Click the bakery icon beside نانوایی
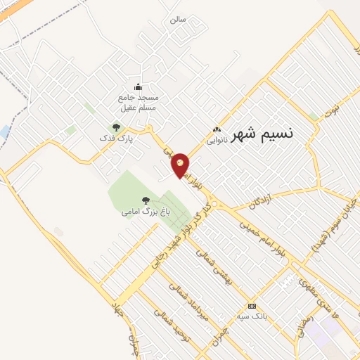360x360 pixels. point(217,130)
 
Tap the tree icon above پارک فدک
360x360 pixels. point(116,127)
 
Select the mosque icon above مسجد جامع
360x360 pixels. point(137,87)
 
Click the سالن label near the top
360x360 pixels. point(177,20)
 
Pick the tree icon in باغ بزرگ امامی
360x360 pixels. point(146,200)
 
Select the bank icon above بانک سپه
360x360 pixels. point(252,306)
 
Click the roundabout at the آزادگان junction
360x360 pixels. point(214,205)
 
